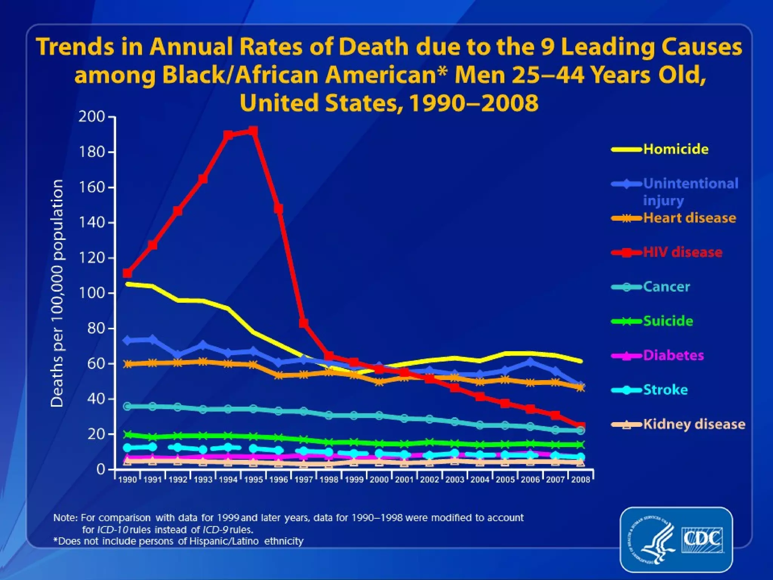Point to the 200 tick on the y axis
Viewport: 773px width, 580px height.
click(91, 117)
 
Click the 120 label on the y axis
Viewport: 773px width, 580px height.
click(91, 258)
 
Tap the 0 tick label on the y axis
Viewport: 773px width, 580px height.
click(100, 469)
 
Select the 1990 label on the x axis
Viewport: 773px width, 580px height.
click(128, 480)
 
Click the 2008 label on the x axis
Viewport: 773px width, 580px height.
click(581, 480)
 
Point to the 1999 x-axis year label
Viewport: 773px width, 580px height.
click(354, 480)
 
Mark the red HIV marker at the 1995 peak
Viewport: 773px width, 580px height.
click(253, 131)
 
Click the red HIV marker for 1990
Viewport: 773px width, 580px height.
click(128, 273)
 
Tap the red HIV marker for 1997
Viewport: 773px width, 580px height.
click(303, 323)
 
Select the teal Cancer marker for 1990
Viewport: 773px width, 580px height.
click(128, 406)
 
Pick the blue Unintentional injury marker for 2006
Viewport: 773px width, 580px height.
click(530, 362)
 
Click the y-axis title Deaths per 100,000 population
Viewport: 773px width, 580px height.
click(57, 293)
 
